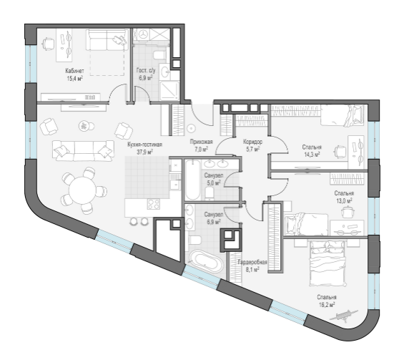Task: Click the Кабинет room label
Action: click(x=74, y=71)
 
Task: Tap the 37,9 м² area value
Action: click(x=144, y=152)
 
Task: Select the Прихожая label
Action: click(x=202, y=142)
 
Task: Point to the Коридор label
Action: click(x=252, y=142)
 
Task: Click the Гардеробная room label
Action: click(x=252, y=262)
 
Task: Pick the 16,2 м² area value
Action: click(x=327, y=305)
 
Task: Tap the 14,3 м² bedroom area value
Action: click(x=312, y=155)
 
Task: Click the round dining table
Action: click(x=83, y=190)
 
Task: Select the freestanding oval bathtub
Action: click(x=206, y=261)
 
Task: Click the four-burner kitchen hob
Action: click(x=153, y=204)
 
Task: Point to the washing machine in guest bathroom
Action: click(x=142, y=34)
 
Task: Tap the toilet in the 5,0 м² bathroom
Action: click(x=210, y=193)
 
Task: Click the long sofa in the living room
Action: click(x=84, y=150)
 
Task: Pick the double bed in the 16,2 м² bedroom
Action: click(x=327, y=263)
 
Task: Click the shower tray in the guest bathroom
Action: click(x=169, y=90)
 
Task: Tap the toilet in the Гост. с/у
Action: click(x=159, y=55)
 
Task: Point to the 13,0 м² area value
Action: click(x=344, y=200)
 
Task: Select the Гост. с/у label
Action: click(x=146, y=70)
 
